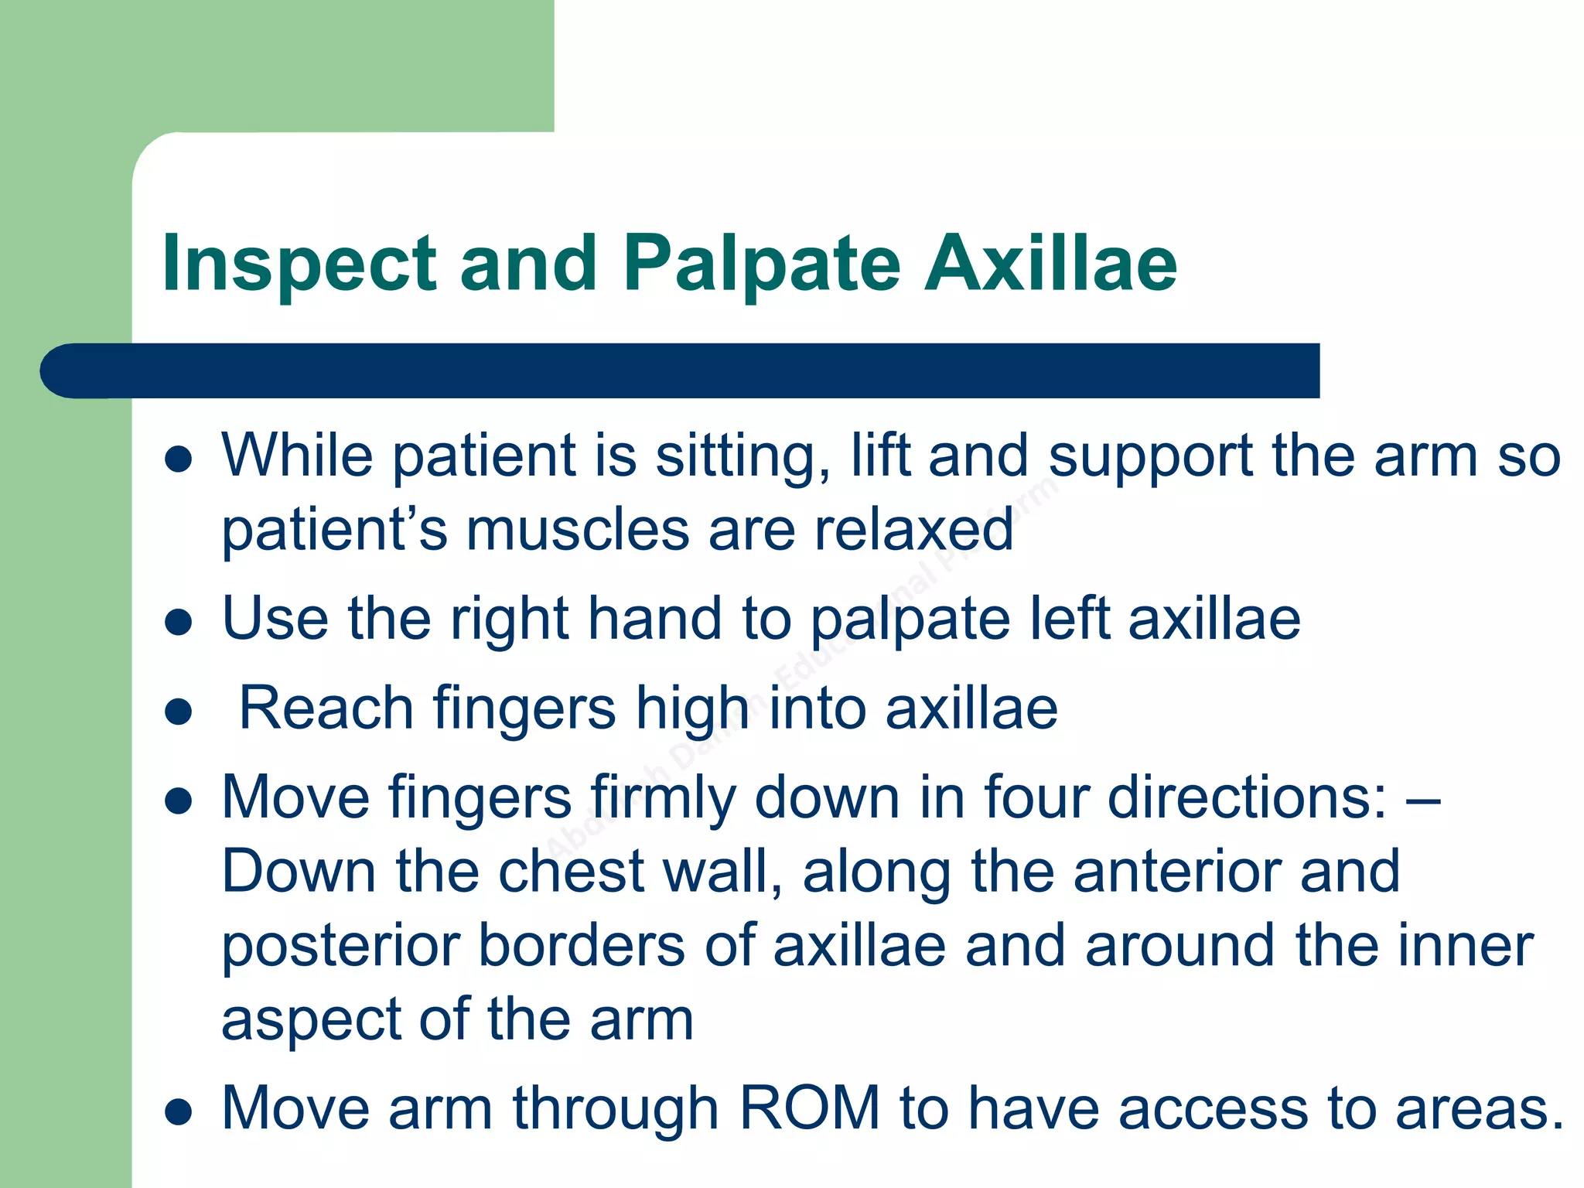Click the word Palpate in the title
coord(762,265)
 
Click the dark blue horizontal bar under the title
coord(681,370)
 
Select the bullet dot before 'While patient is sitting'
coord(179,459)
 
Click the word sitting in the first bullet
coord(743,456)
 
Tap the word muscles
coord(577,530)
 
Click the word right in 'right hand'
coord(510,620)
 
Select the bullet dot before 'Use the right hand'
coord(179,623)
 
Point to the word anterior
coord(1176,871)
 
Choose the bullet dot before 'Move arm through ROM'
coord(179,1113)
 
